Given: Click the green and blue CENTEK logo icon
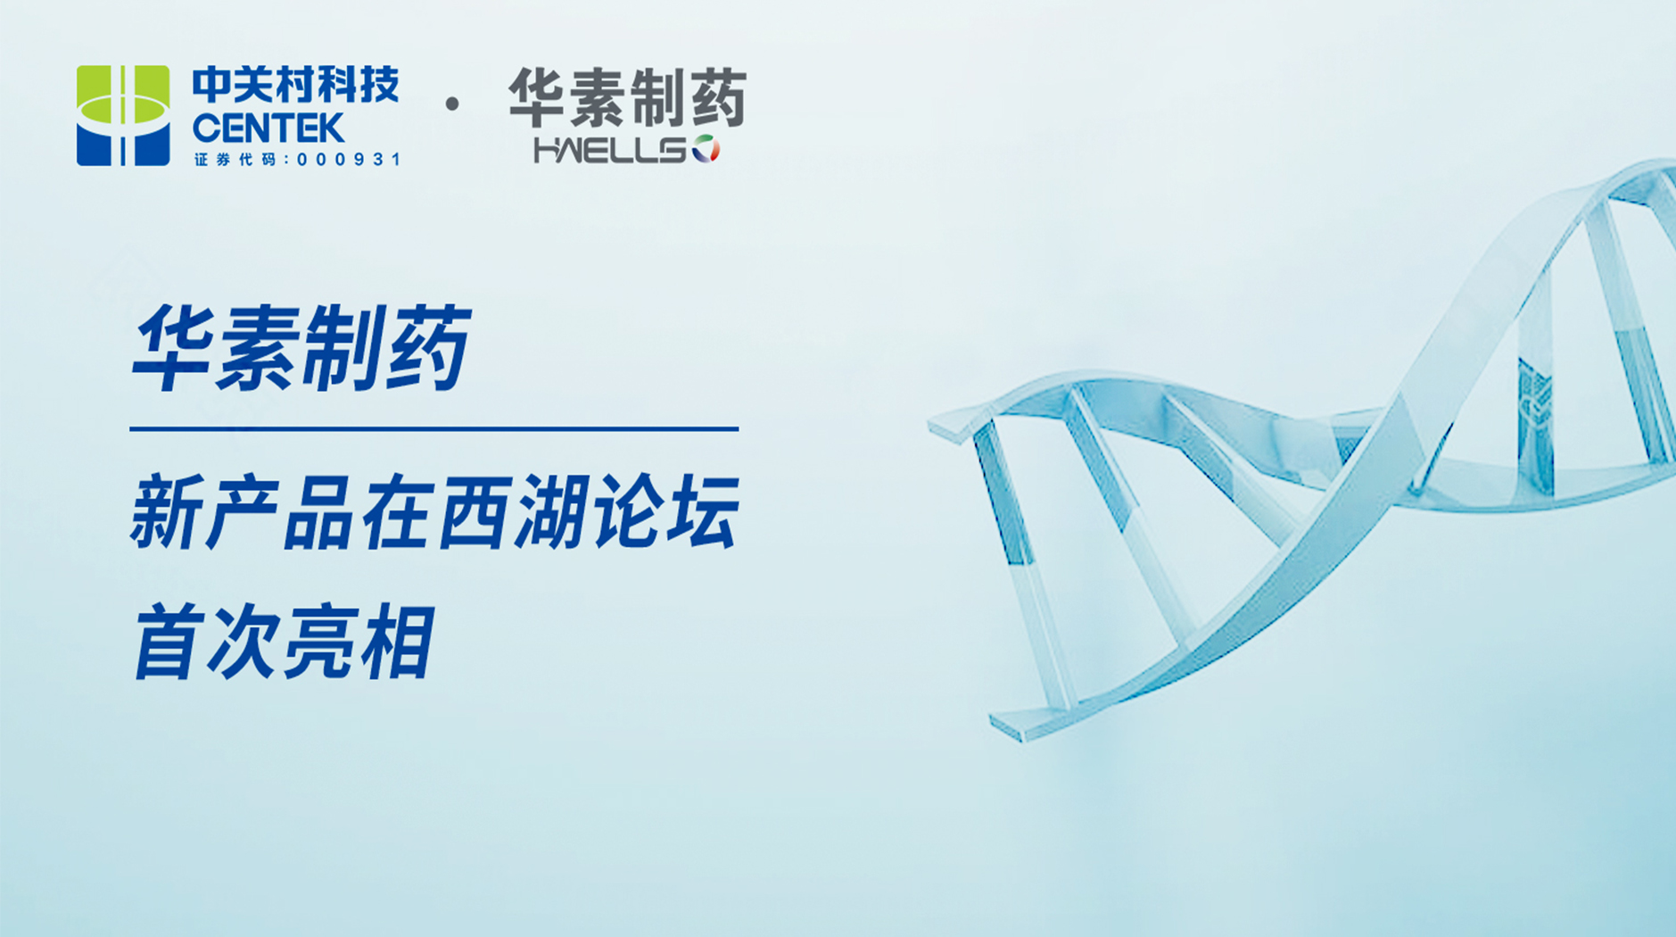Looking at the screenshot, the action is pos(123,115).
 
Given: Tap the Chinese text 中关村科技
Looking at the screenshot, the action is pos(295,86).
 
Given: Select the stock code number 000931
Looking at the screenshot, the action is pos(348,160).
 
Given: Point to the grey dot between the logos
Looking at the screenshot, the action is pos(452,104).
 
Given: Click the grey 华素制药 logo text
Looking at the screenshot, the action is pos(627,97).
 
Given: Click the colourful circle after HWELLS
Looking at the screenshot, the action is pos(706,149).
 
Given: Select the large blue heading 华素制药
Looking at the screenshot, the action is pos(301,347).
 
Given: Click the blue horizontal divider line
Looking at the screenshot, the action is pos(434,429).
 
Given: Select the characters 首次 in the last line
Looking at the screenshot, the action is pos(206,642).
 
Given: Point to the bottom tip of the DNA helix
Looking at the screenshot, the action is pos(1017,734).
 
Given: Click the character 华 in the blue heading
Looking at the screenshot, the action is pos(173,347).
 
